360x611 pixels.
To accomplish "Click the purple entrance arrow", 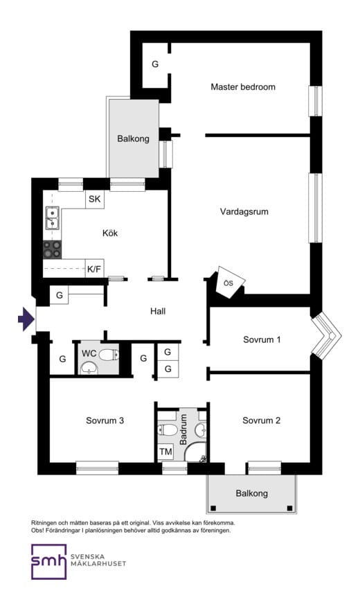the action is coord(26,319).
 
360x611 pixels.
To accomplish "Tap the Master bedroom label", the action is coord(243,87).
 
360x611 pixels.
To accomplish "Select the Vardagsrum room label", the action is coord(244,212).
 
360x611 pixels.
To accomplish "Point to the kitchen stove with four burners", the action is coord(52,249).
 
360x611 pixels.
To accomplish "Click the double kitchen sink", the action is coord(52,218).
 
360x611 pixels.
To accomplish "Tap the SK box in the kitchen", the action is coord(95,199).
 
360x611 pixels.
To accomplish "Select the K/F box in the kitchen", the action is coord(95,269).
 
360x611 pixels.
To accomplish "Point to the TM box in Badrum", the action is coord(165,452).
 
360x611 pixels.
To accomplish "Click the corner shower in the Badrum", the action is coord(196,452).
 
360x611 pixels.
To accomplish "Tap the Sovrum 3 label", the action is coord(105,421).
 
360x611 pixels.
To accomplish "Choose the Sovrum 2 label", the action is coord(262,421).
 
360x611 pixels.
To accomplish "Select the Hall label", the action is coord(158,311).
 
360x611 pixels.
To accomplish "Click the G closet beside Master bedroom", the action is coord(155,64).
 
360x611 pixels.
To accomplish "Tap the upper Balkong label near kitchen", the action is coord(133,139).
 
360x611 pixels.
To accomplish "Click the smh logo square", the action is coord(49,562).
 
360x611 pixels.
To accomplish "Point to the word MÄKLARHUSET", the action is coord(98,563).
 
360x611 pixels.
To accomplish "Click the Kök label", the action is coord(110,233).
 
